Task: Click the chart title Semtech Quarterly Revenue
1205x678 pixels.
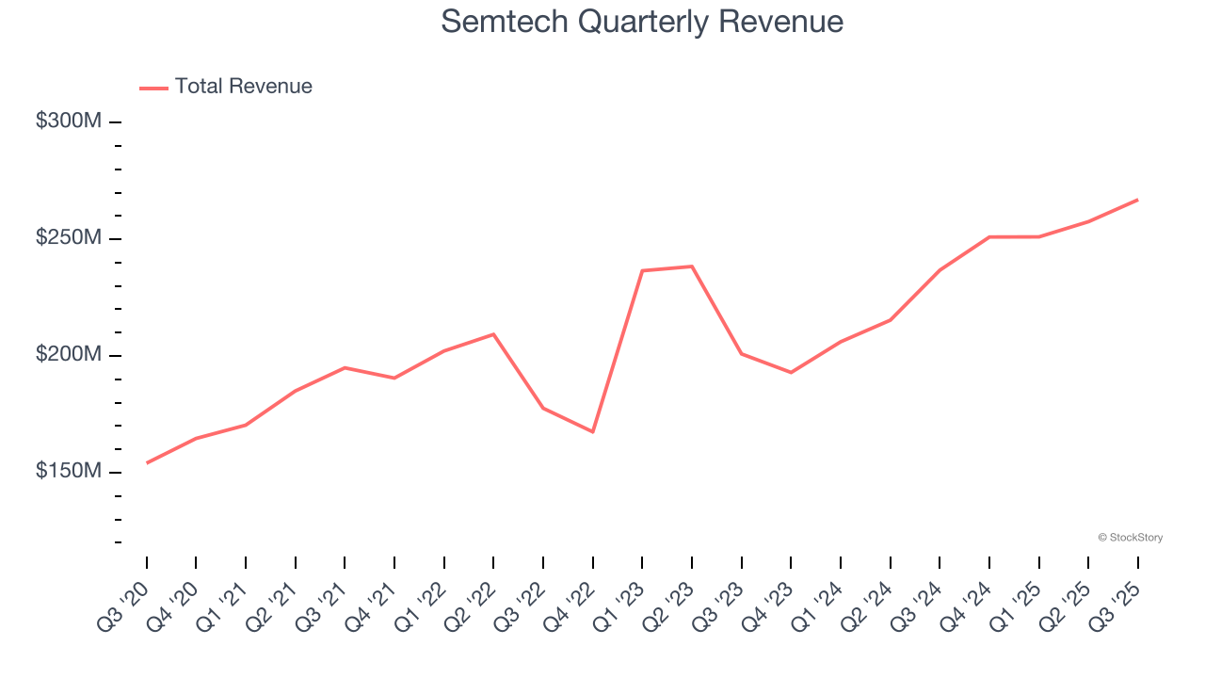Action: pos(641,21)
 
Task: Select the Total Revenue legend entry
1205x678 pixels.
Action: pos(226,87)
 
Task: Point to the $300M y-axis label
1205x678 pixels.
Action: pos(68,121)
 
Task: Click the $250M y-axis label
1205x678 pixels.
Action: pos(68,238)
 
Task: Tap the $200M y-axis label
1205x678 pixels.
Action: pos(68,355)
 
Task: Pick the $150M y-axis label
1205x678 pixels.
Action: pos(68,471)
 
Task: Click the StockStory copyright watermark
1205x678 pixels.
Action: pos(1130,538)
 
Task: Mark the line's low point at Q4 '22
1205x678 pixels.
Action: pos(593,431)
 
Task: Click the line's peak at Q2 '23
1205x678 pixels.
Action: pos(692,266)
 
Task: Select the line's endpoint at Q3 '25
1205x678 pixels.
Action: pos(1137,200)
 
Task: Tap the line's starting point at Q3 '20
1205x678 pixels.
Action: pos(148,462)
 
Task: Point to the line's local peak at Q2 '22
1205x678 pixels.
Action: pos(493,334)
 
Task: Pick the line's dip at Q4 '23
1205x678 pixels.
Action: pos(791,372)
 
